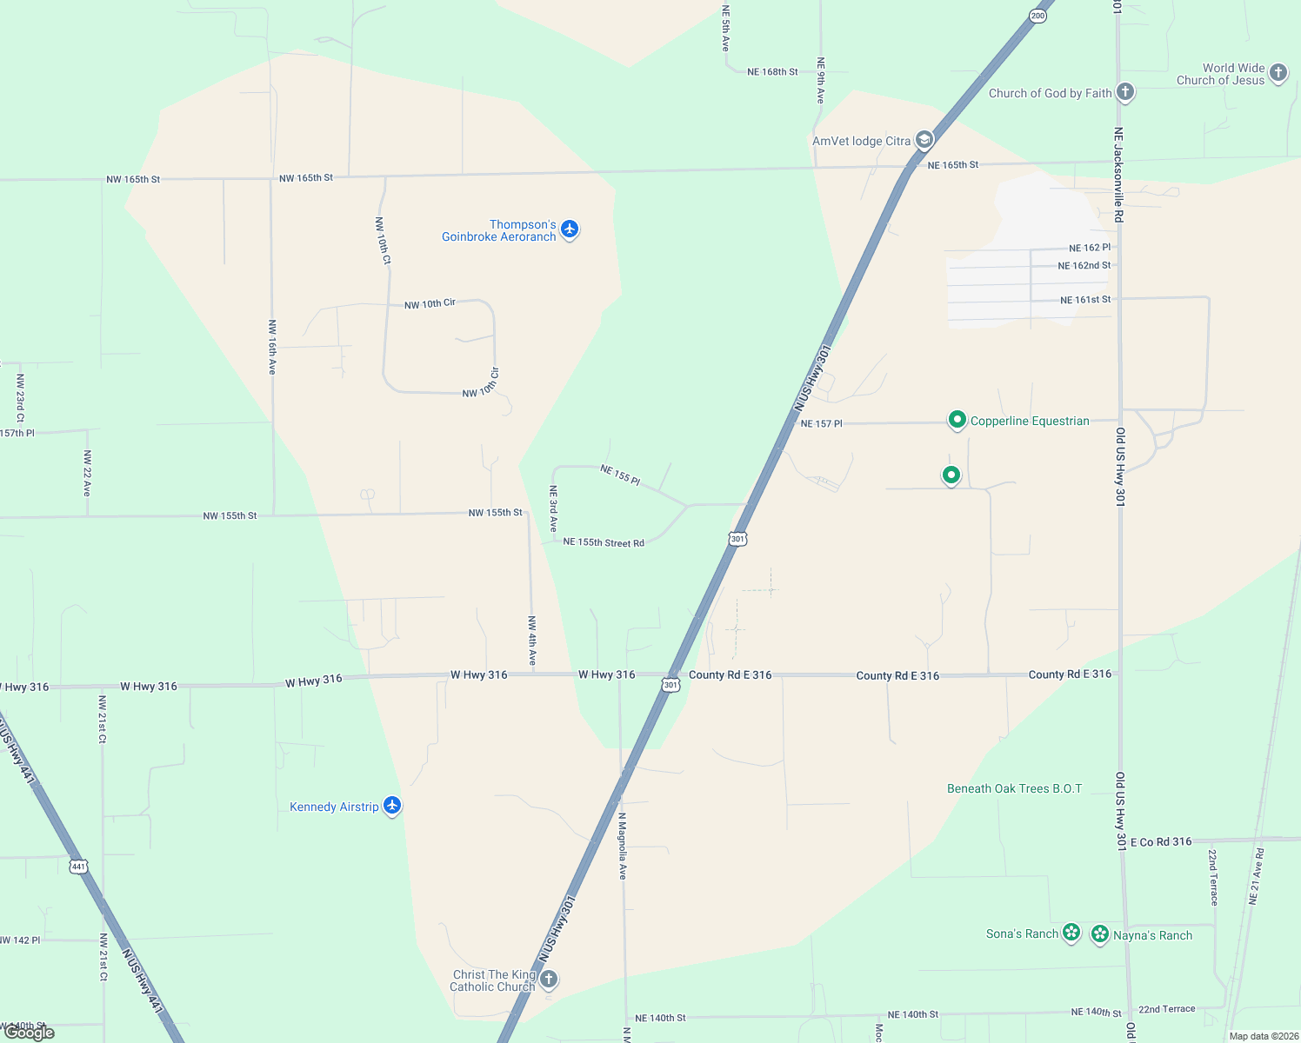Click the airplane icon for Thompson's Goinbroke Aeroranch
(570, 229)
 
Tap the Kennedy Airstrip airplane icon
(392, 806)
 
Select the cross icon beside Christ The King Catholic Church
(549, 980)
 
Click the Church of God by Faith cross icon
(1125, 91)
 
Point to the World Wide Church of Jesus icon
(1278, 72)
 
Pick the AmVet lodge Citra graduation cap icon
(924, 139)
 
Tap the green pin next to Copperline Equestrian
(957, 420)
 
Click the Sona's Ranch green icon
(1071, 933)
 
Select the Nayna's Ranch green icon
(1100, 934)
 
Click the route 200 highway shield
(1037, 16)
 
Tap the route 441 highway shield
(79, 866)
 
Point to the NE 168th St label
(772, 72)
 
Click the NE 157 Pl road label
(821, 424)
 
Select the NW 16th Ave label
(272, 347)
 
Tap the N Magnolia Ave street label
(623, 846)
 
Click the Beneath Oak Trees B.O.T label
(1014, 788)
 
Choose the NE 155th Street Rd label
(604, 542)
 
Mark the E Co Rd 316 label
(1161, 841)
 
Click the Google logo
(30, 1033)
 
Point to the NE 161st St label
(1085, 300)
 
